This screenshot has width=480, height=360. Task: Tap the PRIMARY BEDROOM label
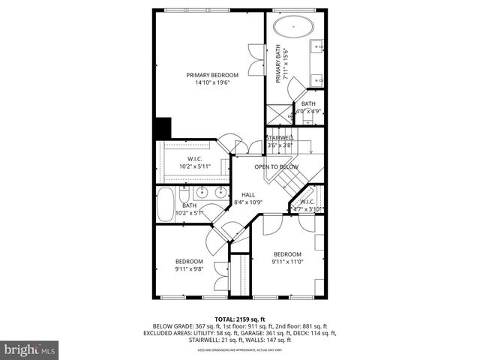[x=213, y=75]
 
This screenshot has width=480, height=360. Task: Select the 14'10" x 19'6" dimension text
[x=213, y=82]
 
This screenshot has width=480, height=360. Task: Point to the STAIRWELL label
[x=279, y=138]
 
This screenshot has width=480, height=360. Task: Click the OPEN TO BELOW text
[x=276, y=166]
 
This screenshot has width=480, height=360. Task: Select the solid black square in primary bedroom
[x=162, y=127]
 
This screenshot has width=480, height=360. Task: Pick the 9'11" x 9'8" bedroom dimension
[x=189, y=268]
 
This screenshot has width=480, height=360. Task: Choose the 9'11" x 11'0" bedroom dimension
[x=287, y=262]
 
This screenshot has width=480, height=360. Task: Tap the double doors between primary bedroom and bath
[x=256, y=58]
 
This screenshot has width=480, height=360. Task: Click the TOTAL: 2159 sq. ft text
[x=240, y=319]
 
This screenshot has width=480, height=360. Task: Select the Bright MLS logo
[x=30, y=349]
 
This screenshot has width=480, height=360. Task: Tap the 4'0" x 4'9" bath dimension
[x=308, y=112]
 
